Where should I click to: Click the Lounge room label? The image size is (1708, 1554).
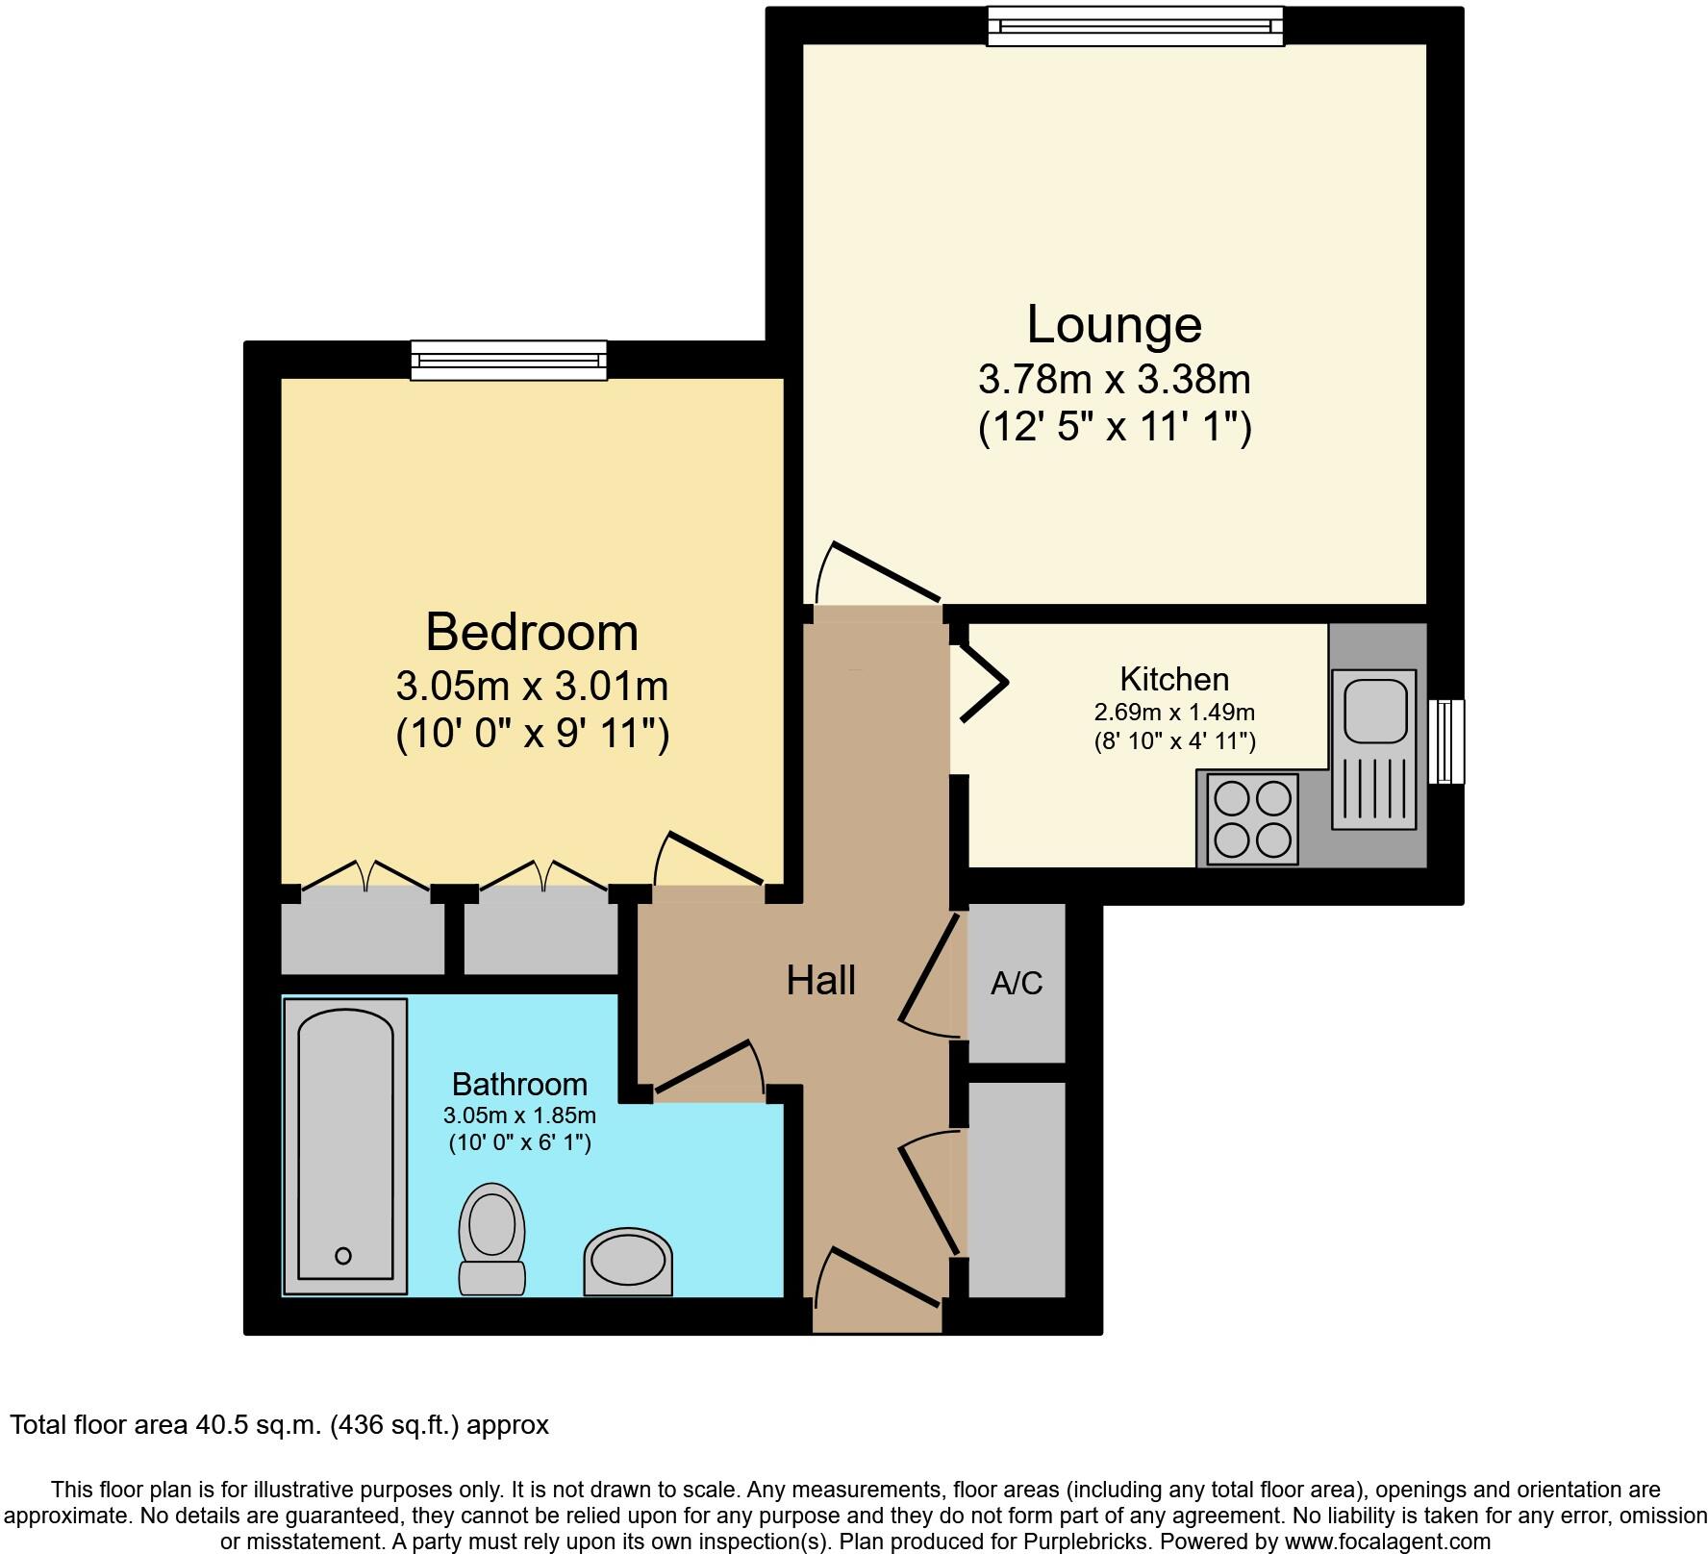point(1114,325)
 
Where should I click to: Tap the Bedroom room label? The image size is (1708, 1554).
point(532,633)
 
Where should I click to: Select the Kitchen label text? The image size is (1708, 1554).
point(1174,680)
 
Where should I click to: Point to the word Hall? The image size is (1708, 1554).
point(820,981)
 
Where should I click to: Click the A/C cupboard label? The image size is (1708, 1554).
point(1017,984)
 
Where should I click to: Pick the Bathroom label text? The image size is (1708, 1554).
point(519,1085)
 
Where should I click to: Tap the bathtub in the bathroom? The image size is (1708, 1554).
point(345,1145)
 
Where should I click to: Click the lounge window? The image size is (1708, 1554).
point(1136,26)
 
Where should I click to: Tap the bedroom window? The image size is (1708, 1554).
point(509,361)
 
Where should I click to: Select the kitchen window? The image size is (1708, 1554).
point(1445,741)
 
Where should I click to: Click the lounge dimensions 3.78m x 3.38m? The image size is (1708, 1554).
point(1114,380)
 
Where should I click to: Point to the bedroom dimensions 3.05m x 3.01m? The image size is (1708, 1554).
point(532,687)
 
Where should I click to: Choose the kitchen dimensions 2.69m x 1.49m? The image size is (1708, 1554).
point(1174,713)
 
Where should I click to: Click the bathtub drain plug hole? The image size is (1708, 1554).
point(342,1255)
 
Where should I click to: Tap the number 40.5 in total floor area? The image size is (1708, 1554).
point(220,1424)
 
